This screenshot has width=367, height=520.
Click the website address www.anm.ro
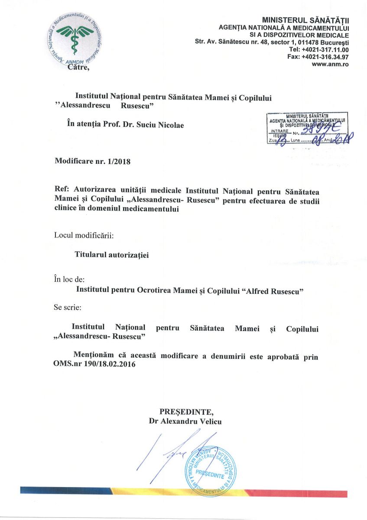click(x=331, y=64)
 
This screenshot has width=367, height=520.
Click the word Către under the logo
click(x=78, y=66)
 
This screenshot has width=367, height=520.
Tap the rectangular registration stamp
click(x=309, y=128)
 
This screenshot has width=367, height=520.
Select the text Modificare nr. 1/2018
click(x=92, y=161)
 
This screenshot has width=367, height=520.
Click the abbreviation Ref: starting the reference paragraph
click(x=63, y=189)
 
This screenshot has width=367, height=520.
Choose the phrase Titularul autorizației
click(x=112, y=255)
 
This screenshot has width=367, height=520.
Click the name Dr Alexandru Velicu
click(x=185, y=421)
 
